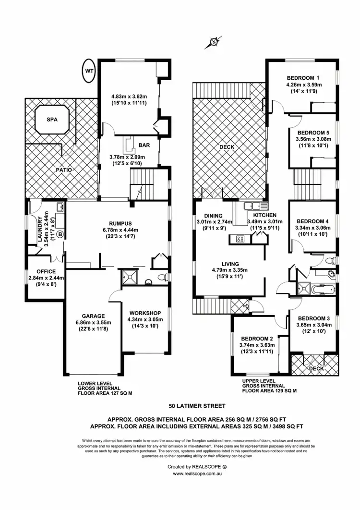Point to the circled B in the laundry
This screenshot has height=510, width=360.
click(60, 234)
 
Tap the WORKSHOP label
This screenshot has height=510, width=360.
click(144, 313)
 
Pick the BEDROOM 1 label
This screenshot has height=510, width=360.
click(303, 78)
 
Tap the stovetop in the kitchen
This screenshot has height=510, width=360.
click(239, 239)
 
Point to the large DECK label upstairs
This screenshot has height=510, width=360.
click(226, 147)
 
